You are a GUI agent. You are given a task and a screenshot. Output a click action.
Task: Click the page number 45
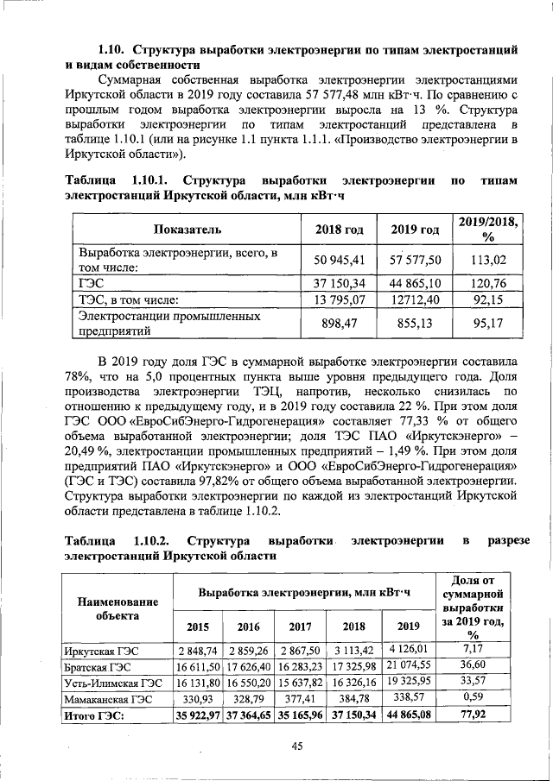(296, 747)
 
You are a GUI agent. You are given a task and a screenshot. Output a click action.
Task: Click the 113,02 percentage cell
(488, 258)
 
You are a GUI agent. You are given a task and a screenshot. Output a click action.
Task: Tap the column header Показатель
(188, 230)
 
